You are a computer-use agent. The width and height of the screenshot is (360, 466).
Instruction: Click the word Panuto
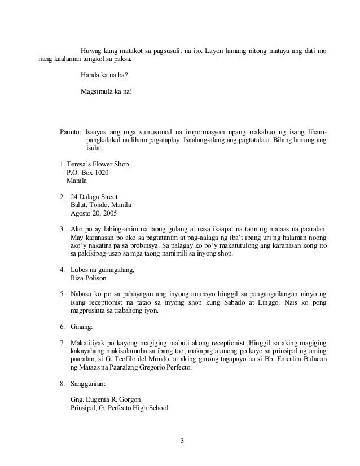[x=71, y=131]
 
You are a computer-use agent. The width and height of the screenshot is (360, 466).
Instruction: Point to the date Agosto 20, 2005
[x=94, y=214]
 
